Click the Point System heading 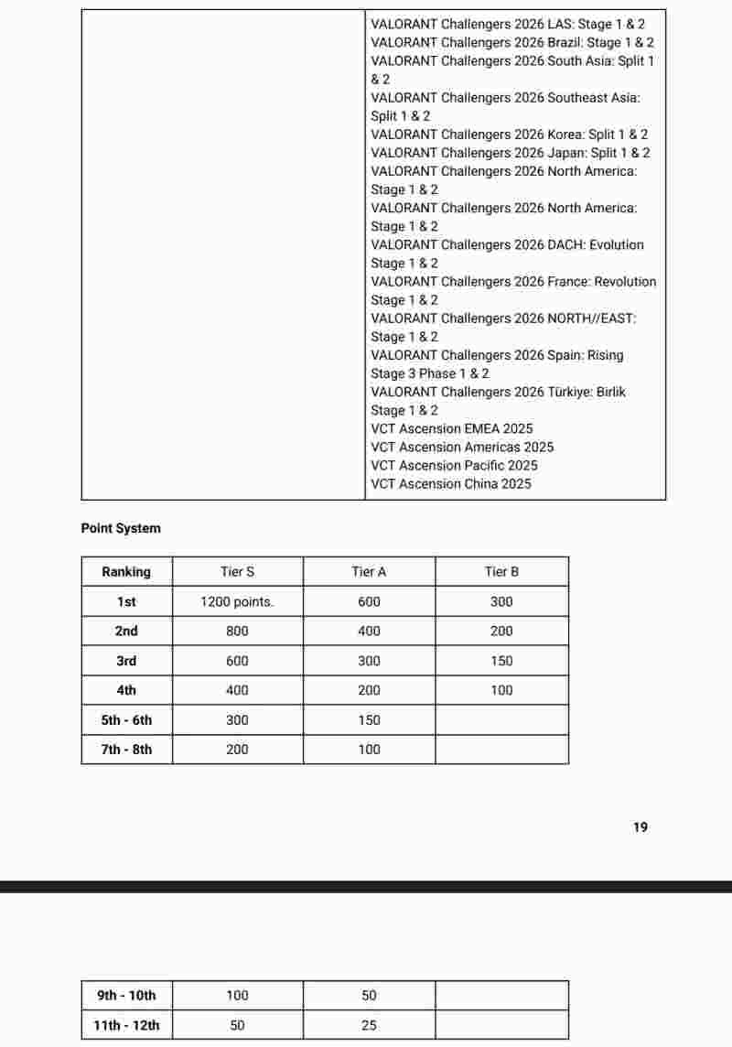pos(120,528)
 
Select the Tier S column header pos(237,572)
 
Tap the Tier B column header pos(501,572)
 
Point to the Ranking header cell pos(126,572)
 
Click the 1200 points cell pos(237,602)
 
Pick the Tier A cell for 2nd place pos(369,631)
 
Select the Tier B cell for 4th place pos(501,690)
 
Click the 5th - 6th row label pos(126,720)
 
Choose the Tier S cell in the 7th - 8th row pos(237,750)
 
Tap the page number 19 pos(640,827)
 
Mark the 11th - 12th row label pos(126,1026)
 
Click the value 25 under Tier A pos(369,1026)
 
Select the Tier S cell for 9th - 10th pos(237,996)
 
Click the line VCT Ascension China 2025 pos(450,483)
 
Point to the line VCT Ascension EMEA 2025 pos(451,428)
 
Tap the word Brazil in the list pos(565,42)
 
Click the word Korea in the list pos(565,135)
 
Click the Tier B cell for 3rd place pos(501,661)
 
